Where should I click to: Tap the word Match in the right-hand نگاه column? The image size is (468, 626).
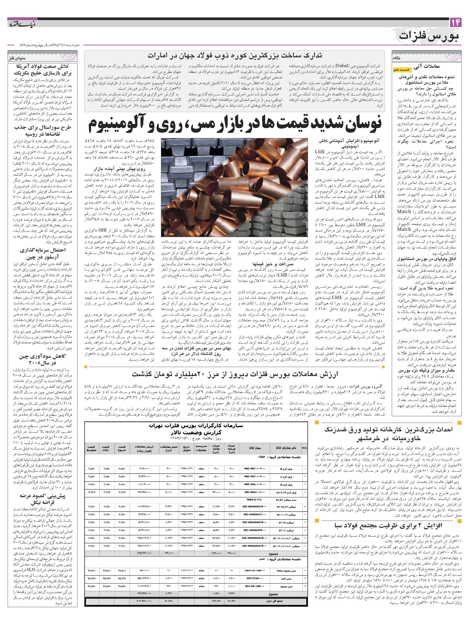coord(404,211)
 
